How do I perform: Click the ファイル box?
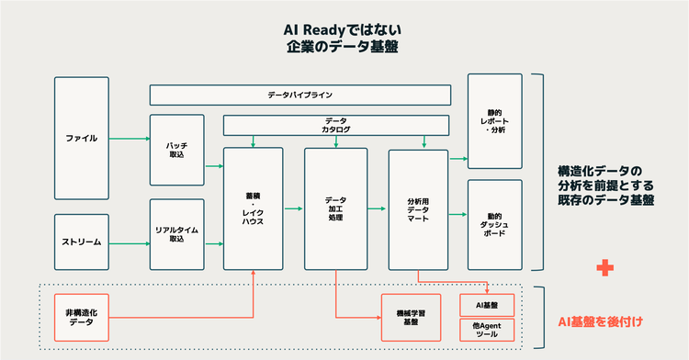pyautogui.click(x=82, y=138)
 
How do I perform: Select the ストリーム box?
pyautogui.click(x=82, y=242)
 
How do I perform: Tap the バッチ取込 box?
pyautogui.click(x=177, y=150)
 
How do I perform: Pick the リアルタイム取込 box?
pyautogui.click(x=177, y=234)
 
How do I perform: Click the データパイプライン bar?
pyautogui.click(x=300, y=95)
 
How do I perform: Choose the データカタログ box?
pyautogui.click(x=335, y=125)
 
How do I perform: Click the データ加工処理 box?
pyautogui.click(x=335, y=209)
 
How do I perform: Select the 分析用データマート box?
pyautogui.click(x=418, y=209)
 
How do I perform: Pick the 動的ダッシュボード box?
pyautogui.click(x=494, y=225)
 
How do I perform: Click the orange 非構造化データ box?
pyautogui.click(x=82, y=318)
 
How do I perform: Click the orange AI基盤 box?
pyautogui.click(x=491, y=304)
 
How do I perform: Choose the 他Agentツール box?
pyautogui.click(x=491, y=331)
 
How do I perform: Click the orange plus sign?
pyautogui.click(x=604, y=267)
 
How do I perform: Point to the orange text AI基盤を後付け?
pyautogui.click(x=599, y=321)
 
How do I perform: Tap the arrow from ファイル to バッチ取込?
pyautogui.click(x=130, y=140)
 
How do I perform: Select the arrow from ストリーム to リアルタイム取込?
pyautogui.click(x=130, y=243)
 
